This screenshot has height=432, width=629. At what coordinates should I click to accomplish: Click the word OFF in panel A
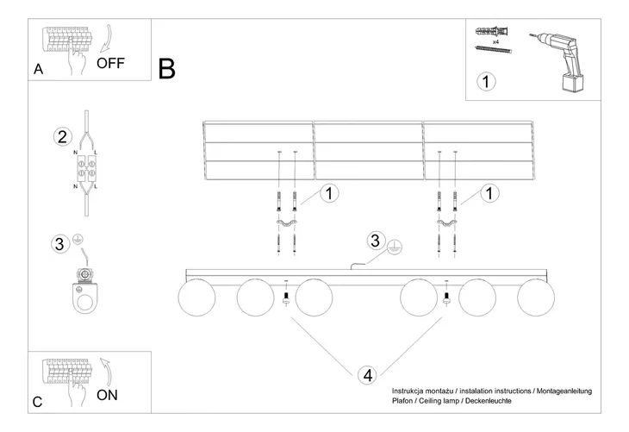coord(112,63)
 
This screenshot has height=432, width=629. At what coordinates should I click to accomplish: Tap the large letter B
coord(167,68)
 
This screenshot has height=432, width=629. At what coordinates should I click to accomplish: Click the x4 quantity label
coord(496,41)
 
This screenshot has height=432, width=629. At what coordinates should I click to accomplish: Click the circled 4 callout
coord(368,375)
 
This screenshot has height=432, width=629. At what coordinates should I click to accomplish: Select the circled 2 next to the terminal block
coord(61,136)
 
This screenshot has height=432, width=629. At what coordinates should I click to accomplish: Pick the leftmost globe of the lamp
coord(196,298)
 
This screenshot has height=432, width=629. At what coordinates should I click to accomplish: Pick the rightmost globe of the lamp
coord(535,298)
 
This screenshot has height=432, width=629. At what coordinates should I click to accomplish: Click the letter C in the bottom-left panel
coord(37,402)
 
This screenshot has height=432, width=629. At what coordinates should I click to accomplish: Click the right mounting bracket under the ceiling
coord(446,225)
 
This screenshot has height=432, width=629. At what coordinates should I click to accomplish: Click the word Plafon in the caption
coord(404,402)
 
